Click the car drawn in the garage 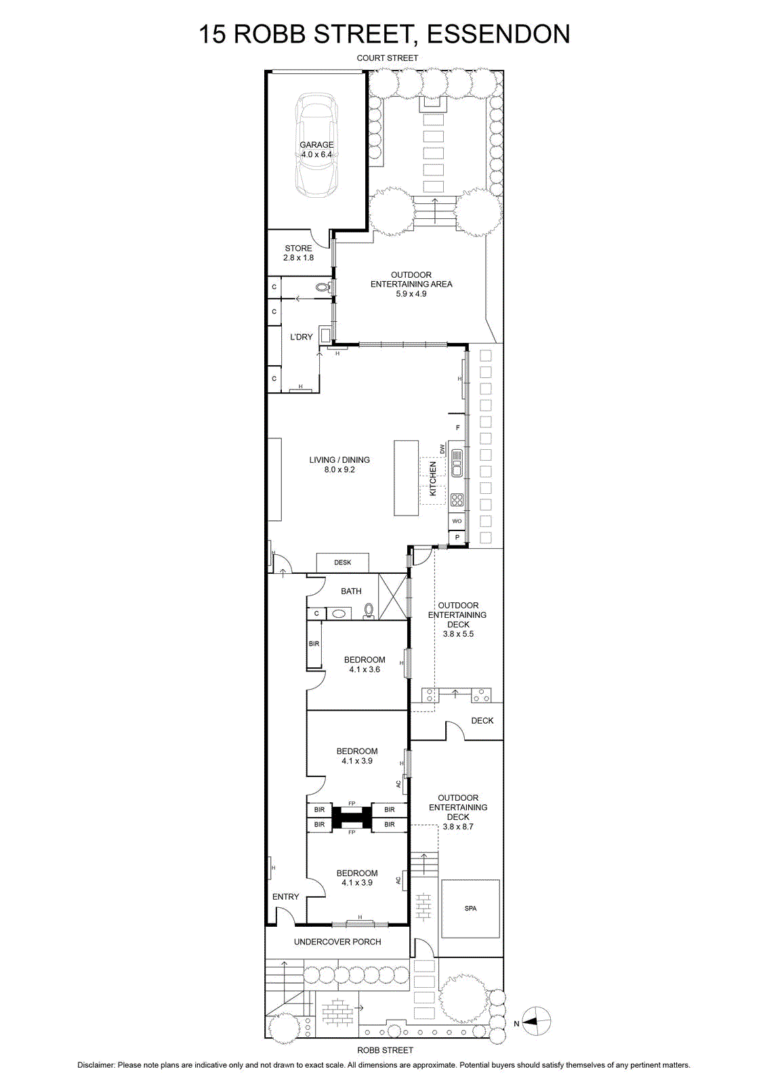click(316, 145)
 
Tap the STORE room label click(298, 248)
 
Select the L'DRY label click(301, 337)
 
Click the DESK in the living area click(343, 562)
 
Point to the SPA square click(470, 909)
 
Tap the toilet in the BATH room click(369, 610)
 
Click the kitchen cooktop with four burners click(457, 499)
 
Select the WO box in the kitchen click(457, 521)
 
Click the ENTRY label click(285, 897)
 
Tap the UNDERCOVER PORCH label click(337, 942)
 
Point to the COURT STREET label click(387, 58)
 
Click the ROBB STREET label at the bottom click(385, 1050)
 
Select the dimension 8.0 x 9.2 click(339, 470)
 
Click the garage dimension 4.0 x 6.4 click(316, 154)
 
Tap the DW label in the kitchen click(442, 449)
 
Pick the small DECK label click(482, 721)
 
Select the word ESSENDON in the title click(499, 35)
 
